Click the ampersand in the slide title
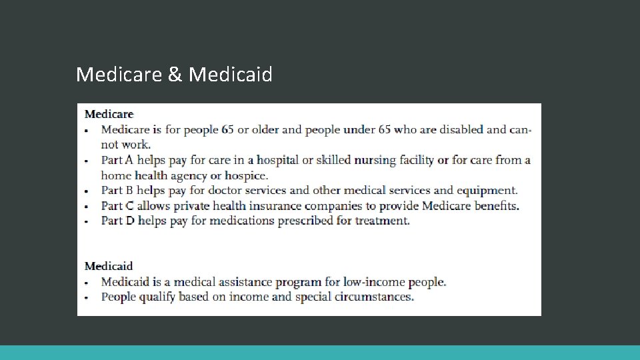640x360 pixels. click(175, 74)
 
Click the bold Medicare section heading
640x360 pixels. click(109, 114)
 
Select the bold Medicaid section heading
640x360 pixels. click(109, 266)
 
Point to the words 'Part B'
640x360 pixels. click(117, 191)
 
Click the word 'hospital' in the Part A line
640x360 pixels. click(278, 160)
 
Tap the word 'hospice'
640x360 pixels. click(246, 176)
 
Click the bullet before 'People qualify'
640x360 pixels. click(87, 297)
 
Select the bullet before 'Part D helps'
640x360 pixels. click(87, 221)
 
